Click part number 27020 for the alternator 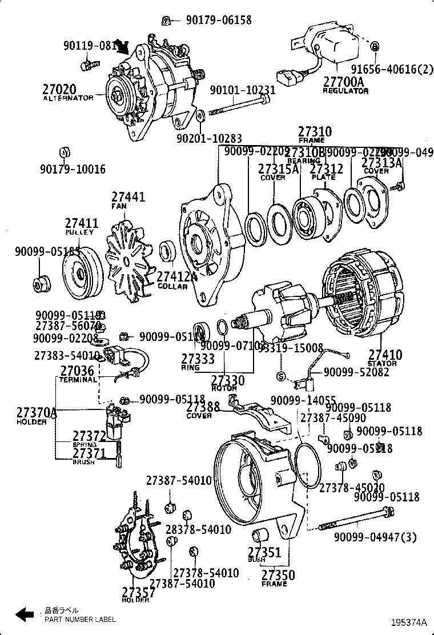[58, 89]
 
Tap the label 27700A [343, 82]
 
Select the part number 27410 [385, 355]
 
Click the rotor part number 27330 [227, 380]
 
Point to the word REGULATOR [345, 91]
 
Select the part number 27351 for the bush [264, 552]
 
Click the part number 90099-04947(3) [375, 537]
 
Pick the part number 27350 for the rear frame [278, 575]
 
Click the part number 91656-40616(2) [392, 69]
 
